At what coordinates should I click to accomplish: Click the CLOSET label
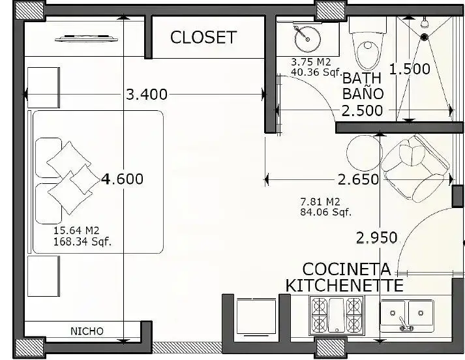coord(203,37)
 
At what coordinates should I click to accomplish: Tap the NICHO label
coord(87,331)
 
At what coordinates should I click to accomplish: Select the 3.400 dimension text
coord(147,95)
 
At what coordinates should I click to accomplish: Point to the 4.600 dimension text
coord(122,179)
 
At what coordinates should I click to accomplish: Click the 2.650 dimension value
coord(358,179)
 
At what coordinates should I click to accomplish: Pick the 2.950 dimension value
coord(376,238)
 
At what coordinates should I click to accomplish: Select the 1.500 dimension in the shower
coord(410,69)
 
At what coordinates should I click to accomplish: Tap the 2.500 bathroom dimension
coord(362,111)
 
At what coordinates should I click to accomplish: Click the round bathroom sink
coord(308,38)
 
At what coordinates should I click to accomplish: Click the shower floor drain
coord(425,37)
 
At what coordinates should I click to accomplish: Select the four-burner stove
coord(337,316)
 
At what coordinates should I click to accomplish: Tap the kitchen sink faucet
coord(406,325)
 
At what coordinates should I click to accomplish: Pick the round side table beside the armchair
coord(364,153)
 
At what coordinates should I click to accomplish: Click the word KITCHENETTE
coord(344,285)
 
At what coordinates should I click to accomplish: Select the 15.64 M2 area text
coord(76,230)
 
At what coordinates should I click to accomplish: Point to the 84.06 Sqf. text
coord(325,213)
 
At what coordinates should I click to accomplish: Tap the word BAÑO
coord(363,94)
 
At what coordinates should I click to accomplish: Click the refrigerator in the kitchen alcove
coord(256,317)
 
